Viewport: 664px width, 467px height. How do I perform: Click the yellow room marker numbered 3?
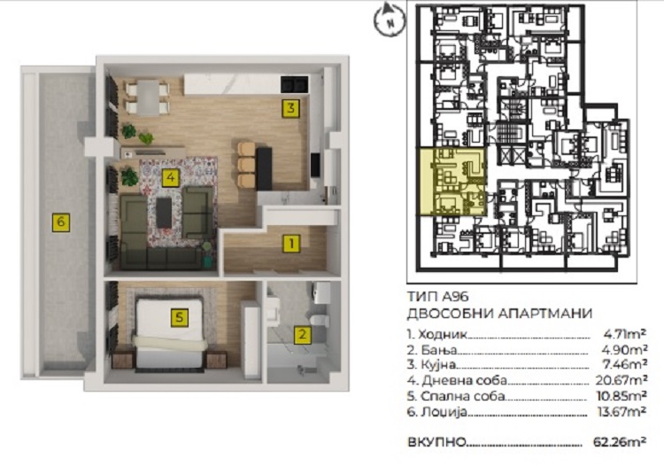pyautogui.click(x=290, y=108)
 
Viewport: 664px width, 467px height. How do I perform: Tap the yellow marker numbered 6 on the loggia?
pyautogui.click(x=61, y=222)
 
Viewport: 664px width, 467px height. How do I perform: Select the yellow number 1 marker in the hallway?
pyautogui.click(x=291, y=244)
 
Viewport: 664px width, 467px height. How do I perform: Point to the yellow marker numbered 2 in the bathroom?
pyautogui.click(x=303, y=335)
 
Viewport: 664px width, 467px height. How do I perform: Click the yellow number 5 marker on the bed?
pyautogui.click(x=180, y=317)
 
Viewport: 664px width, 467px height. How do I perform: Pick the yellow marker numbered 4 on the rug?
pyautogui.click(x=171, y=177)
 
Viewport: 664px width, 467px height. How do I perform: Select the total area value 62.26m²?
pyautogui.click(x=620, y=441)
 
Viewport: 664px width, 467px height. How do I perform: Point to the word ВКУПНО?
pyautogui.click(x=436, y=442)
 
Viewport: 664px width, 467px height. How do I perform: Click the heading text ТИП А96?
pyautogui.click(x=437, y=296)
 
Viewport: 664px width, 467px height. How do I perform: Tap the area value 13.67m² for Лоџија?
pyautogui.click(x=621, y=411)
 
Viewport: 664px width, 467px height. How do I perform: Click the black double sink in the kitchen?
pyautogui.click(x=294, y=84)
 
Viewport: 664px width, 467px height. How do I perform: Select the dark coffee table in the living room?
pyautogui.click(x=165, y=213)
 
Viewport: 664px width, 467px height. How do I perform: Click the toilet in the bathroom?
pyautogui.click(x=320, y=321)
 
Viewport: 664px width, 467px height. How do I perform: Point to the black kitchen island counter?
pyautogui.click(x=264, y=168)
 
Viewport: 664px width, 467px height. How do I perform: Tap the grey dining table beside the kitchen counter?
pyautogui.click(x=148, y=97)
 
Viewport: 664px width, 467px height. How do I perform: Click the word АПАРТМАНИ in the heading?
pyautogui.click(x=544, y=314)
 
